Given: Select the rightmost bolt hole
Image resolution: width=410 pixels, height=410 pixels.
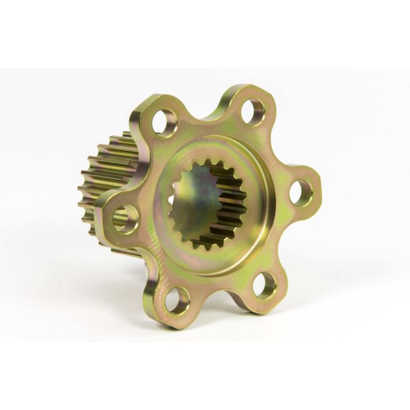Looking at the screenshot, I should click(300, 192).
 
